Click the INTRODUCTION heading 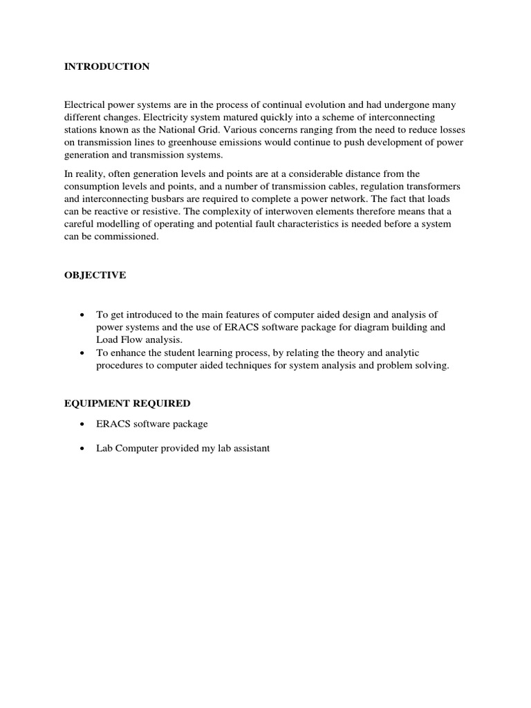(x=106, y=67)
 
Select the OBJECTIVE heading (x=95, y=275)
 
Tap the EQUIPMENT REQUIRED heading (x=127, y=403)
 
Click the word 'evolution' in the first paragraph (x=335, y=104)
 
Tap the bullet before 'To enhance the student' (x=83, y=353)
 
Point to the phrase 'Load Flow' (x=117, y=339)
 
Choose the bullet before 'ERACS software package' (x=83, y=424)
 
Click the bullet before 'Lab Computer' (x=83, y=449)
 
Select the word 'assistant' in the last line (x=248, y=448)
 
